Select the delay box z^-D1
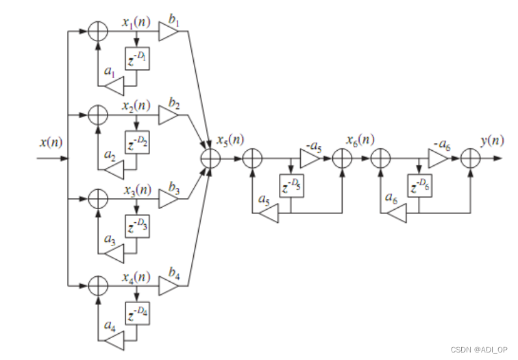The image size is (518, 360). tap(137, 60)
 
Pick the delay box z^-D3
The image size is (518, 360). tap(137, 226)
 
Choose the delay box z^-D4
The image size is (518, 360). tap(137, 312)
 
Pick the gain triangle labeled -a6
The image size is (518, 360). tap(438, 158)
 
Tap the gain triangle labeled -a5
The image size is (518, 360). tap(310, 158)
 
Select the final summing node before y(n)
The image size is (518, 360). tap(469, 158)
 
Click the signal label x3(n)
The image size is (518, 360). tap(137, 189)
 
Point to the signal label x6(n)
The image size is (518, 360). tap(358, 141)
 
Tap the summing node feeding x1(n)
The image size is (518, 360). tap(99, 32)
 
